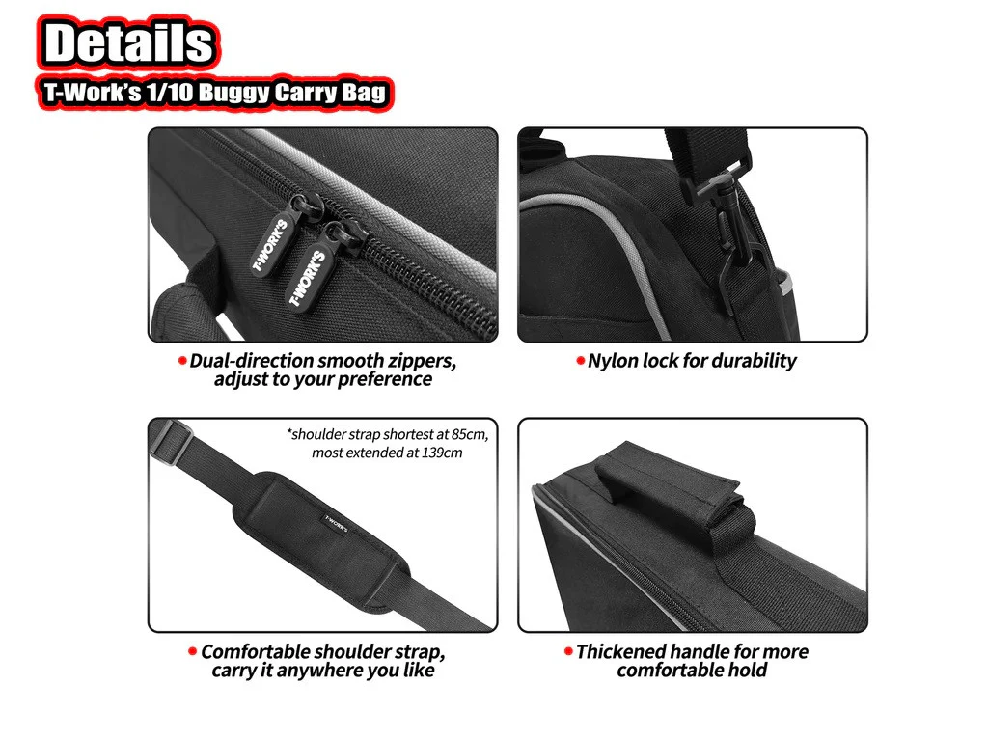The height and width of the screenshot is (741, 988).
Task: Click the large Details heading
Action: (129, 42)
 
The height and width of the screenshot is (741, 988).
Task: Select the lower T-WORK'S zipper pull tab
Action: (309, 277)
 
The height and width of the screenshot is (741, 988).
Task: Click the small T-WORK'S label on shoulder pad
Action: (337, 524)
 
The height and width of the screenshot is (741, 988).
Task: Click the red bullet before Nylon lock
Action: (580, 361)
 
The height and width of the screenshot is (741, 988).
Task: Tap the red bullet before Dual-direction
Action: (182, 361)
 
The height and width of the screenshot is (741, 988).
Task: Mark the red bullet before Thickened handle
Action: (568, 651)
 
